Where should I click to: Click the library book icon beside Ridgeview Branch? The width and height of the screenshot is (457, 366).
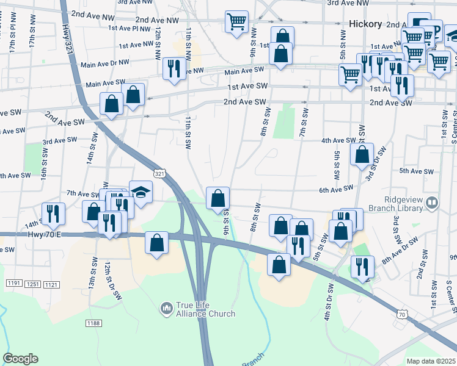click(x=433, y=201)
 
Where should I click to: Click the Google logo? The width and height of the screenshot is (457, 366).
click(x=20, y=359)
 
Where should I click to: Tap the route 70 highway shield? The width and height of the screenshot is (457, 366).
click(x=401, y=314)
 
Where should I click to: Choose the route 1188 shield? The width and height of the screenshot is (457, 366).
click(x=93, y=322)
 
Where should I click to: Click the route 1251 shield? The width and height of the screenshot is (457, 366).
click(x=33, y=285)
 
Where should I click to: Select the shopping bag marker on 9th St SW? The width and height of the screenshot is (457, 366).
click(x=218, y=198)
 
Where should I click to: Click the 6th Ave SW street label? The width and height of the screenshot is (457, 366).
click(x=335, y=189)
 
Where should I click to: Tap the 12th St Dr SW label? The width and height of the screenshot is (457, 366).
click(x=110, y=278)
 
